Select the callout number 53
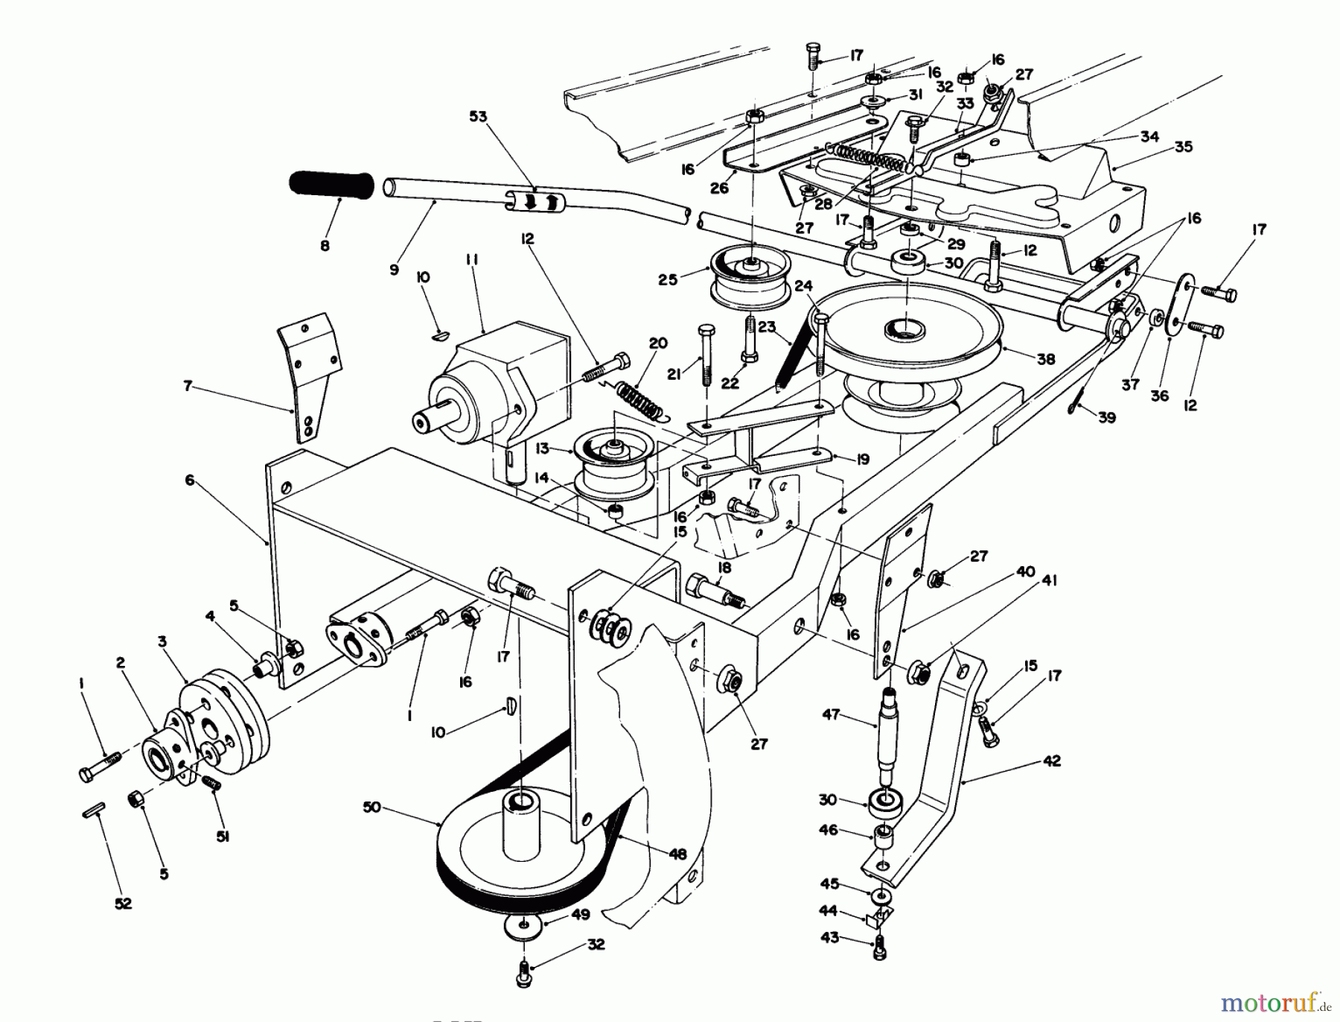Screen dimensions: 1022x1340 coord(478,116)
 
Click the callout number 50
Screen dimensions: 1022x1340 coord(372,807)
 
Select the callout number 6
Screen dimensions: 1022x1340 coord(190,480)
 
